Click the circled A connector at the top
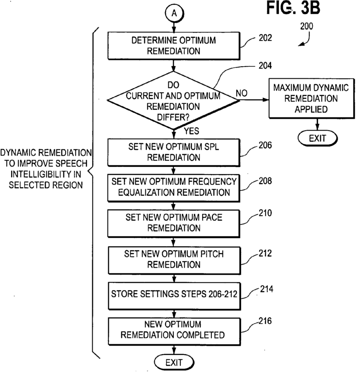[174, 14]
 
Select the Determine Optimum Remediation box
[174, 45]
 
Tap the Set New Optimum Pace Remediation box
[174, 222]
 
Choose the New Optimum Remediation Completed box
[174, 330]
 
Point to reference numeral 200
[308, 26]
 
